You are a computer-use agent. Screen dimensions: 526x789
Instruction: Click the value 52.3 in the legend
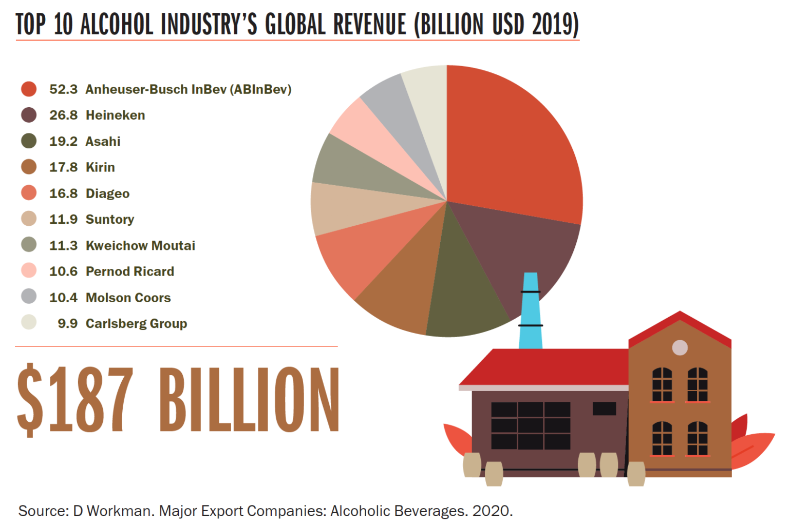(63, 89)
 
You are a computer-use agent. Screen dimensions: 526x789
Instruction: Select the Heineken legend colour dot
(29, 115)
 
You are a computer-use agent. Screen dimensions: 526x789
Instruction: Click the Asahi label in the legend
(103, 141)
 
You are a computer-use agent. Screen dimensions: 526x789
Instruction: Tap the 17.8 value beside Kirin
(63, 167)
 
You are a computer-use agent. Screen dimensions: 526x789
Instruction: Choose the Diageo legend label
(107, 193)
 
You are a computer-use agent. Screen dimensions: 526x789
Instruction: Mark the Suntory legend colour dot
(29, 219)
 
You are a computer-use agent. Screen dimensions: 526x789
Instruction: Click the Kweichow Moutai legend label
(140, 245)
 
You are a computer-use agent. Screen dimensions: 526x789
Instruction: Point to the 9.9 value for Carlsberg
(67, 323)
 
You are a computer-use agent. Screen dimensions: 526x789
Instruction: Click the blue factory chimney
(530, 313)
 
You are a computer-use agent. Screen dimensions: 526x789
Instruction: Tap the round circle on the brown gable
(680, 347)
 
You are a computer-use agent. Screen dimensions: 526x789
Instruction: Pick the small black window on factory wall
(604, 408)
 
